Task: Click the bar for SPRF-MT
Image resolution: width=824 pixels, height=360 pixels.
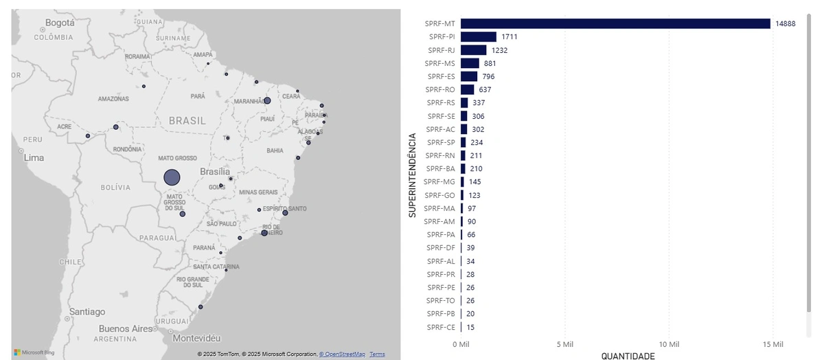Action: [615, 23]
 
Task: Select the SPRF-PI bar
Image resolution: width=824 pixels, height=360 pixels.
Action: [479, 36]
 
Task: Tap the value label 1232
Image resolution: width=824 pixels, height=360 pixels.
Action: [499, 50]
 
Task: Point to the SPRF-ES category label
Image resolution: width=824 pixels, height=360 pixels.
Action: [442, 76]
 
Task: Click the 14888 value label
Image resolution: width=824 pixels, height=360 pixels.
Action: [786, 23]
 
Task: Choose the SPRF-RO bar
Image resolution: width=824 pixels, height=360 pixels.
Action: [468, 89]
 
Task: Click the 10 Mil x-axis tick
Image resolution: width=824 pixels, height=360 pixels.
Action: [669, 344]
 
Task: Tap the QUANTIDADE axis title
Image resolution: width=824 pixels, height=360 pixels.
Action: [628, 356]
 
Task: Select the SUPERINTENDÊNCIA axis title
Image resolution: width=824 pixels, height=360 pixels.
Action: [413, 175]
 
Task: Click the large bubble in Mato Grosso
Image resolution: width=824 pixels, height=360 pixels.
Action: [172, 177]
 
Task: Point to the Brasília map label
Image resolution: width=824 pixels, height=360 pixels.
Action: [215, 171]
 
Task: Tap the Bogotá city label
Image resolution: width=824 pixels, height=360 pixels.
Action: [60, 23]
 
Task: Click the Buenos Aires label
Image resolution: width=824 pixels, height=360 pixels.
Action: [126, 328]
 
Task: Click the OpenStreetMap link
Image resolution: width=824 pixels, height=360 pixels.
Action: [342, 355]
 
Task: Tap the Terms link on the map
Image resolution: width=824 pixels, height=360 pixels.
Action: [377, 355]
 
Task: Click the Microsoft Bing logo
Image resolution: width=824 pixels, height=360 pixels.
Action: [34, 352]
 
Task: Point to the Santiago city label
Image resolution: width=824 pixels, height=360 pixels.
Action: [87, 311]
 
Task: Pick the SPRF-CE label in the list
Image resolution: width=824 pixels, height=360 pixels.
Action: [441, 327]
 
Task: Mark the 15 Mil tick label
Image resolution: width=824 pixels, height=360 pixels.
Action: [773, 344]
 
